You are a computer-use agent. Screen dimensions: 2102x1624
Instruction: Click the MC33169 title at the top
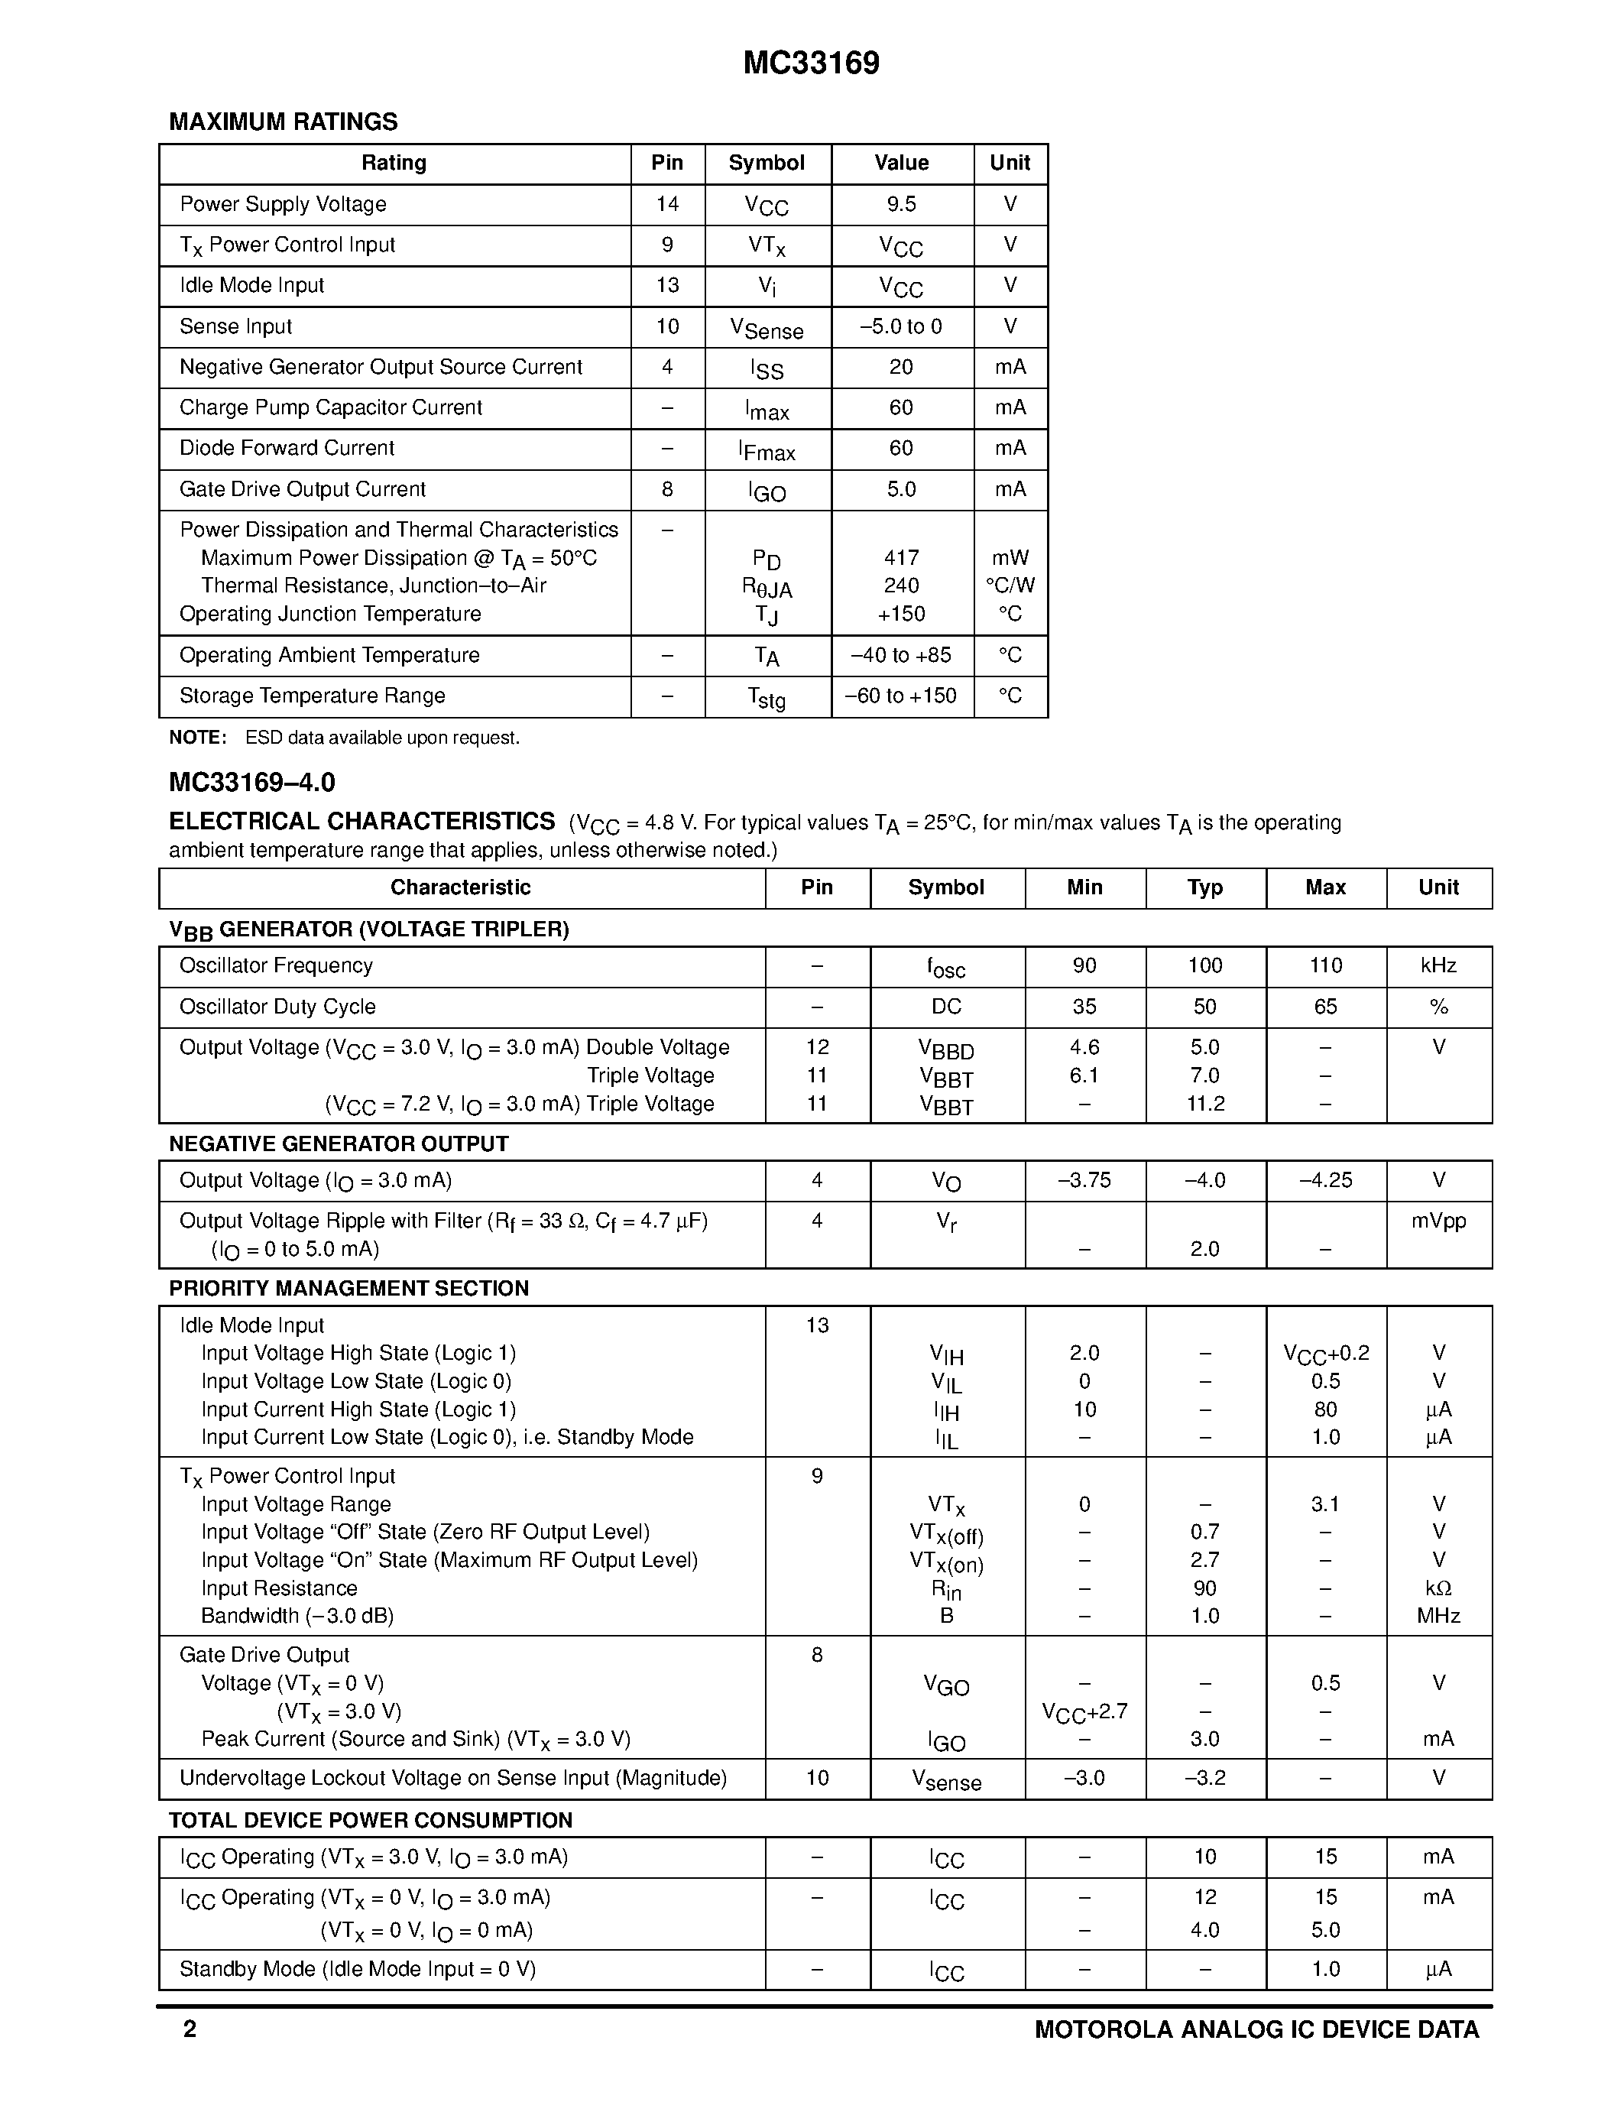[x=811, y=63]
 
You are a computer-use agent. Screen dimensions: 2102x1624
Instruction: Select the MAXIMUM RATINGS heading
[x=283, y=122]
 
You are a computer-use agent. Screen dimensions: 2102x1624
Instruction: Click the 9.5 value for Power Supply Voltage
[x=902, y=204]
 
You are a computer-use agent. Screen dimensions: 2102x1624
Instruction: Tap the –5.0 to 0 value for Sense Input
[x=902, y=326]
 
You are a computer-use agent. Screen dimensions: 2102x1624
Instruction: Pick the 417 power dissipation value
[x=902, y=558]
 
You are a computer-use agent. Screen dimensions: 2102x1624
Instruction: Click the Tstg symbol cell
[x=767, y=697]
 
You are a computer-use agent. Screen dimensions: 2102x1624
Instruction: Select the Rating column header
[x=394, y=163]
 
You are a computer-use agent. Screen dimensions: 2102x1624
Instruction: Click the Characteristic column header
[x=460, y=887]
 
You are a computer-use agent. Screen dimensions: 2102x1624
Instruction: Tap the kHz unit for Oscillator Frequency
[x=1438, y=965]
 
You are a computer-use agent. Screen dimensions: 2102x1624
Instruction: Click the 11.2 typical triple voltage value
[x=1204, y=1104]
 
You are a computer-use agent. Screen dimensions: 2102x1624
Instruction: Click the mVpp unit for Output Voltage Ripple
[x=1438, y=1221]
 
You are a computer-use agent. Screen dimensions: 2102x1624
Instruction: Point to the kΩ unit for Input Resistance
[x=1438, y=1588]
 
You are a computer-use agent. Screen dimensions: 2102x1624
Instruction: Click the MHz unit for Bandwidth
[x=1438, y=1616]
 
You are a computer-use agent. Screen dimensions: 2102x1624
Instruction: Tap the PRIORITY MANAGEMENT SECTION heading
[x=348, y=1289]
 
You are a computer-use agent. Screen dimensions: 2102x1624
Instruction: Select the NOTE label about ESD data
[x=197, y=738]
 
